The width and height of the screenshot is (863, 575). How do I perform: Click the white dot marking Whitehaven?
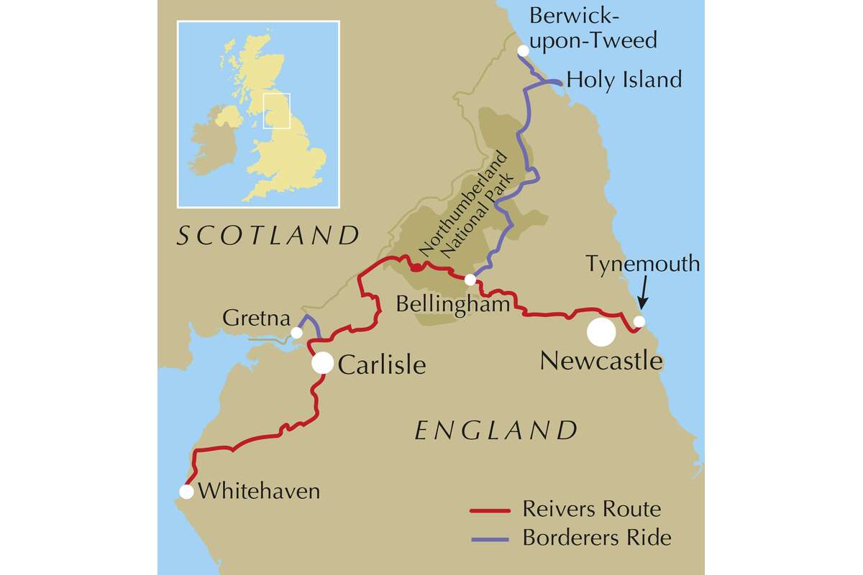point(186,492)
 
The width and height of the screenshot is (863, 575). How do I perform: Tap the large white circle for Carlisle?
point(322,364)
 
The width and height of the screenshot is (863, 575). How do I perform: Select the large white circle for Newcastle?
point(601,332)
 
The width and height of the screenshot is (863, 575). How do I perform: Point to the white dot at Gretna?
point(296,333)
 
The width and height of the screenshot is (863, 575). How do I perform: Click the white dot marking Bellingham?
point(470,280)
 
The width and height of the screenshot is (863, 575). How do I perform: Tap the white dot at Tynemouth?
point(639,321)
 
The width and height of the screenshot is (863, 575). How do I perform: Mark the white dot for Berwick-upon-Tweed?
point(523,50)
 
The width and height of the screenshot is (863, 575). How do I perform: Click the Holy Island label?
point(624,79)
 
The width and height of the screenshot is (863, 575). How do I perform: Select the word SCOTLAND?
point(268,235)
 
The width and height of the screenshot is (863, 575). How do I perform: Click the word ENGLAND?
point(496,431)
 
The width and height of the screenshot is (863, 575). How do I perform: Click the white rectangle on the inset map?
point(276,111)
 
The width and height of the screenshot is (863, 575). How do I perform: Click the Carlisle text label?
point(381,365)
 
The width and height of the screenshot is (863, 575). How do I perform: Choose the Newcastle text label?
point(601,360)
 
